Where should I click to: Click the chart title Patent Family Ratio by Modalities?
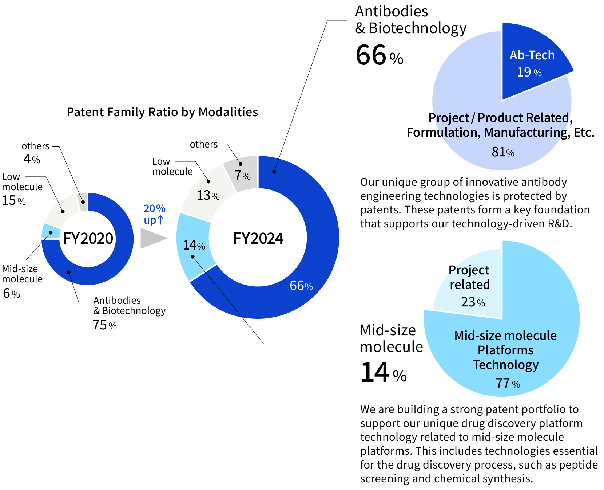[x=162, y=112]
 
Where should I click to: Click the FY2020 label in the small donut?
[x=88, y=239]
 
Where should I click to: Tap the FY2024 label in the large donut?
[x=258, y=239]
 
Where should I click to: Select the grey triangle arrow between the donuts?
[x=152, y=238]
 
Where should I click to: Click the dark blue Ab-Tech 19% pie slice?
[x=531, y=62]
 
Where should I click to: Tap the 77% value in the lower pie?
[x=508, y=383]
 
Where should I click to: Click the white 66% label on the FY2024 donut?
[x=301, y=286]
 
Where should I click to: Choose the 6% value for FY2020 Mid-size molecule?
[x=11, y=293]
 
